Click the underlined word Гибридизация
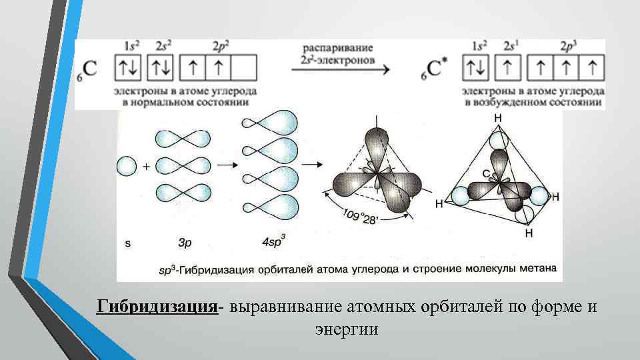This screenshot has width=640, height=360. point(157,307)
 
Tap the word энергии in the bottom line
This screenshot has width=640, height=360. point(346,329)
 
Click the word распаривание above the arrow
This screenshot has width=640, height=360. point(338,49)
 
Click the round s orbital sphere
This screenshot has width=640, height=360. point(127,166)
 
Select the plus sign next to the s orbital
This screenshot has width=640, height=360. point(145,167)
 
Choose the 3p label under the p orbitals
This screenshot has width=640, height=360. point(185,243)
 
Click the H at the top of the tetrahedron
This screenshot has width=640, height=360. point(497,117)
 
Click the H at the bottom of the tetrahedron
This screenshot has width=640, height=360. point(529,234)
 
